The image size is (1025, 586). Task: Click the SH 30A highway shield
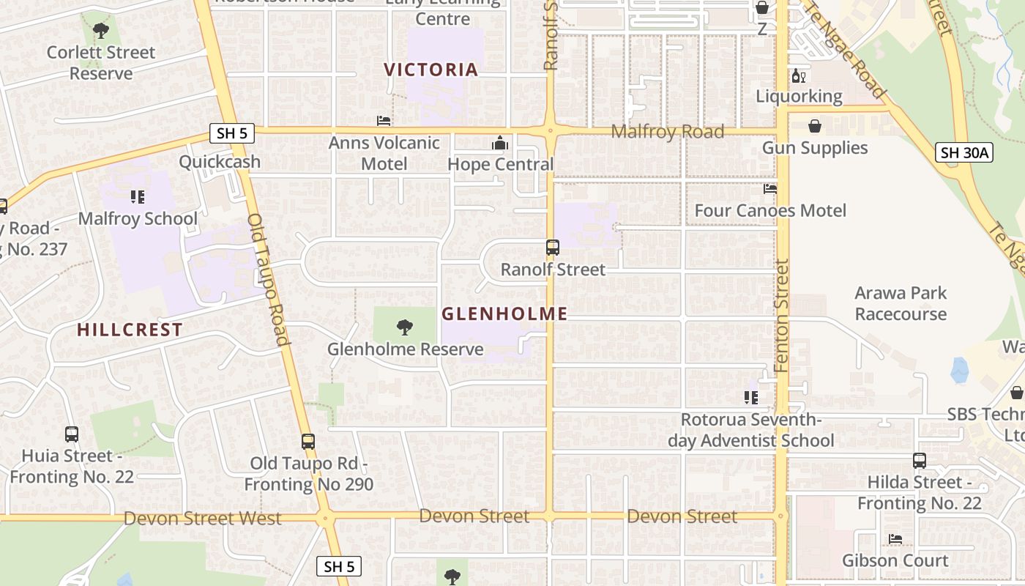click(x=965, y=152)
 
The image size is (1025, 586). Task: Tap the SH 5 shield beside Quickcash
click(x=233, y=133)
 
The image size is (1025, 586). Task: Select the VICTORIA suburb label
click(x=431, y=70)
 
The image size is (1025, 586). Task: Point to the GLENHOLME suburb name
click(x=504, y=314)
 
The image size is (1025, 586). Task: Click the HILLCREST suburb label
click(x=130, y=330)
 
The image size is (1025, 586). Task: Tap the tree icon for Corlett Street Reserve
click(x=101, y=31)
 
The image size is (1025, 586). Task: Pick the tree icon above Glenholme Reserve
click(x=404, y=327)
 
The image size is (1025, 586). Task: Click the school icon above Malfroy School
click(x=138, y=196)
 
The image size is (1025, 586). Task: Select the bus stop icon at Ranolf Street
click(x=553, y=248)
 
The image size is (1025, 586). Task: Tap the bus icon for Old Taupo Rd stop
click(x=308, y=442)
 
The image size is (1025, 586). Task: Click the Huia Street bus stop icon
click(x=72, y=434)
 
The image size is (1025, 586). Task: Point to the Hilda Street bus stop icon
click(x=920, y=461)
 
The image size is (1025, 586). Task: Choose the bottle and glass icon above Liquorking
click(x=798, y=75)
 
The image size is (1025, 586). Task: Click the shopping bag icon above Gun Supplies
click(x=814, y=127)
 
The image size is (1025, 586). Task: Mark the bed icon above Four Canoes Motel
click(x=770, y=189)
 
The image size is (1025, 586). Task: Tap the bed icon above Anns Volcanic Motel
click(x=384, y=121)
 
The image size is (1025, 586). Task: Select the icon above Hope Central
click(x=500, y=143)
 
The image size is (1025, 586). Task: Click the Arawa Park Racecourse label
click(x=901, y=303)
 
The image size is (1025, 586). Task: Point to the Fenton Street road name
click(x=782, y=315)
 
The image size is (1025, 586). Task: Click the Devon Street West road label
click(x=202, y=519)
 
